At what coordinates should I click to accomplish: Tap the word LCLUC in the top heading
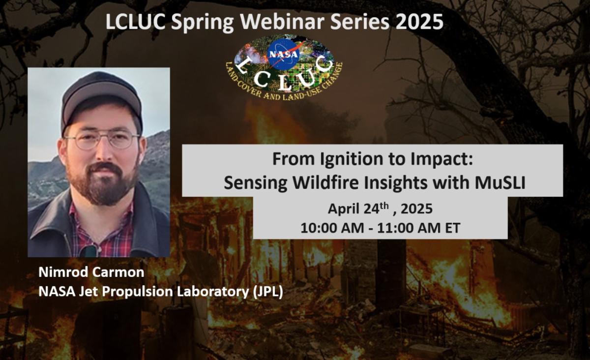pyautogui.click(x=135, y=22)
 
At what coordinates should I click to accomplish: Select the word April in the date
pyautogui.click(x=344, y=209)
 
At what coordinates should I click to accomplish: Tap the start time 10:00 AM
pyautogui.click(x=332, y=228)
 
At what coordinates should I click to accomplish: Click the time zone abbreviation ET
pyautogui.click(x=452, y=228)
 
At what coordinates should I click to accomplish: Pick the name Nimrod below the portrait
pyautogui.click(x=63, y=272)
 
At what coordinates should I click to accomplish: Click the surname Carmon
pyautogui.click(x=118, y=272)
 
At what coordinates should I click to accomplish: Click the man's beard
pyautogui.click(x=101, y=184)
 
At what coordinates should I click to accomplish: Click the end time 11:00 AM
pyautogui.click(x=409, y=228)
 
